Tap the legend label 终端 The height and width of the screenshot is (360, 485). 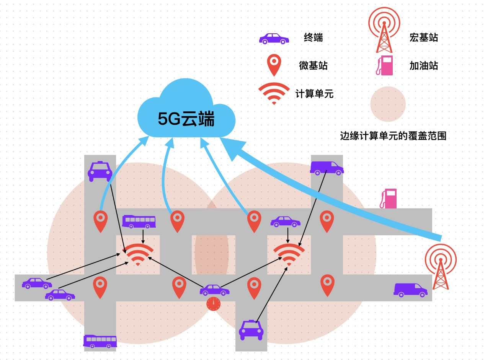click(x=313, y=37)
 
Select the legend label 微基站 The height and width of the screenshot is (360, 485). click(x=313, y=65)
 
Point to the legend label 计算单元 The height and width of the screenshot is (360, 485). click(x=314, y=94)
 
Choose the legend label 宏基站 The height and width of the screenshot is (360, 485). click(x=423, y=37)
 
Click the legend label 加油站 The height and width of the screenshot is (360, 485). click(x=423, y=66)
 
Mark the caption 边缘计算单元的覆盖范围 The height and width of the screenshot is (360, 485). click(x=393, y=136)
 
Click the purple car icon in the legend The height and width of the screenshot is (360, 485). click(x=274, y=39)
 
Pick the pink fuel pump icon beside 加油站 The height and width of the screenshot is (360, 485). click(x=384, y=65)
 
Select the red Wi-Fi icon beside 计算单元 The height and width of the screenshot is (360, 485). click(x=274, y=93)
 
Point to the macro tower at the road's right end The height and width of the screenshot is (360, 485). click(x=441, y=266)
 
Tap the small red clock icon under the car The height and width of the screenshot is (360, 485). click(x=214, y=304)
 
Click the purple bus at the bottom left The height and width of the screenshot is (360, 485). click(x=100, y=341)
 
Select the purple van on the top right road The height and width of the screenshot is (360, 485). click(x=326, y=168)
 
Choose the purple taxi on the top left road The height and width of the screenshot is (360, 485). click(x=100, y=171)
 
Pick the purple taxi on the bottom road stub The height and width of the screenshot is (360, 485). click(x=251, y=329)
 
